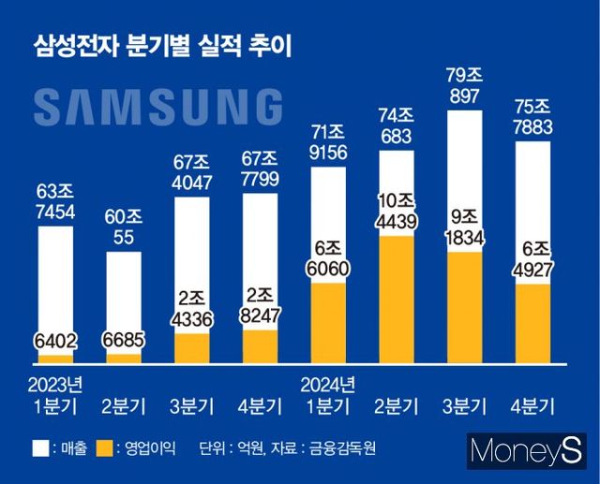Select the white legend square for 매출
click(40, 447)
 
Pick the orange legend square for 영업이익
click(104, 447)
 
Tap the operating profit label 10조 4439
click(397, 213)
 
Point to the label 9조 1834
click(466, 228)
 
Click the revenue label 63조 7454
click(55, 204)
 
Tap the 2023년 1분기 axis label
click(55, 396)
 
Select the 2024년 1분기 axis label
click(328, 396)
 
